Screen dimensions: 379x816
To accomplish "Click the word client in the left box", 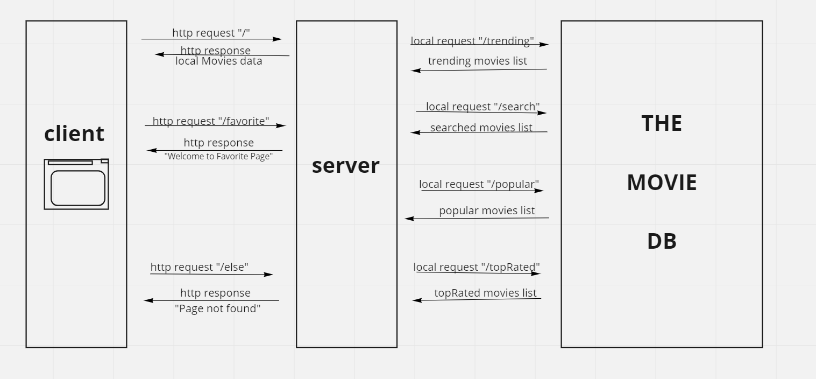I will [x=74, y=134].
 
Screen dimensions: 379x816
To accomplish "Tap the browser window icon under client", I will [x=76, y=184].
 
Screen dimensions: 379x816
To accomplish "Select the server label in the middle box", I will [x=345, y=165].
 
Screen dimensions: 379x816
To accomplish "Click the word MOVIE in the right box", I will [x=662, y=183].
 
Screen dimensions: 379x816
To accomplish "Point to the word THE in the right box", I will [x=662, y=123].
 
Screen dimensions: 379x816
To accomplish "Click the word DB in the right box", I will [x=662, y=241].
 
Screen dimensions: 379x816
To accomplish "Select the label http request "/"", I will [x=211, y=33].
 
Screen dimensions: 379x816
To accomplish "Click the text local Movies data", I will [x=218, y=61].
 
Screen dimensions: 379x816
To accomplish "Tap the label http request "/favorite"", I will [x=211, y=121].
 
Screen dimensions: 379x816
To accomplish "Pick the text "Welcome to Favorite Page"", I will [x=218, y=156].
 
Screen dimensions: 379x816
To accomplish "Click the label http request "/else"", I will [x=199, y=267].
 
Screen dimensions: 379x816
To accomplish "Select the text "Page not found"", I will [x=217, y=308].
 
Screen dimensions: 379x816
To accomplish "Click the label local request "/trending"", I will [x=472, y=41].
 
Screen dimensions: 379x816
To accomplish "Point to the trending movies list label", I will [x=477, y=61].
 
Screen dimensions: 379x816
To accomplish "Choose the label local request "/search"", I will [x=482, y=107].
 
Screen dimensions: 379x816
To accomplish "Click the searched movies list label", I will [x=481, y=128].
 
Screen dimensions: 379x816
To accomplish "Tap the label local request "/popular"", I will [x=479, y=184].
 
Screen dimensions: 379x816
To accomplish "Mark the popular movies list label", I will [x=487, y=210].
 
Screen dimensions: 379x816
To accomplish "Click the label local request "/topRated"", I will [x=477, y=267].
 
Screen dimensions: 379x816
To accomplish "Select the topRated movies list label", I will [x=485, y=293].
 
